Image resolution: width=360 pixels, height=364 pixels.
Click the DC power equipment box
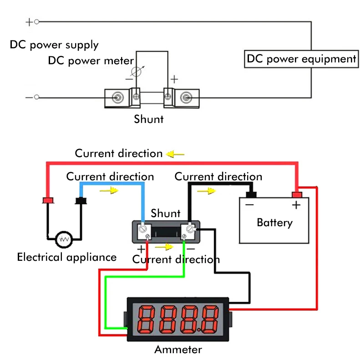[301, 59]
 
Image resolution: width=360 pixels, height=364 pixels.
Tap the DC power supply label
[54, 45]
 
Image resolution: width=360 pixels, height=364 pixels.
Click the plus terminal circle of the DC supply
[37, 21]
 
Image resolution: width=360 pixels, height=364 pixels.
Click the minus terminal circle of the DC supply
[37, 97]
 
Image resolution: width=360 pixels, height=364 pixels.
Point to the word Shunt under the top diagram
[148, 119]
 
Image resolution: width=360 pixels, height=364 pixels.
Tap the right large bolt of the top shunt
[186, 97]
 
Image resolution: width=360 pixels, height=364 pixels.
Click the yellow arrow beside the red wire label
[176, 154]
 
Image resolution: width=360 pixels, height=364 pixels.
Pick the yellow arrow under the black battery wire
[206, 191]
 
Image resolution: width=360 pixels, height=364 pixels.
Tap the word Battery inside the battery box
[274, 222]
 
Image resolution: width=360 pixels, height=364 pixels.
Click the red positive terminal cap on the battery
[297, 194]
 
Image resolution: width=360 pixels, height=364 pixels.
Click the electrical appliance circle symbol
[64, 238]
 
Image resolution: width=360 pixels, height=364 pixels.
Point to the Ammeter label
[177, 349]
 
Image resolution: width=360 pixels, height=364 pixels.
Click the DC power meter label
[91, 61]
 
